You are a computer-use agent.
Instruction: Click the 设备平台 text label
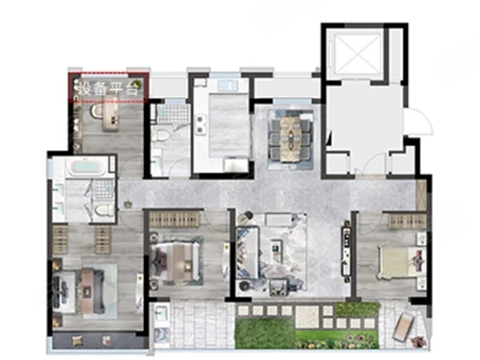tap(109, 88)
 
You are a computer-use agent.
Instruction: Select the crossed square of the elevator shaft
tap(357, 54)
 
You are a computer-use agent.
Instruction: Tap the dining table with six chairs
tap(291, 138)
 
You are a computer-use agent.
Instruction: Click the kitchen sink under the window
tap(228, 85)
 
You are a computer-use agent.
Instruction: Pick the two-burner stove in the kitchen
tap(202, 125)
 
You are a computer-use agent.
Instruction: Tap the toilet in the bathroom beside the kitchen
tap(160, 135)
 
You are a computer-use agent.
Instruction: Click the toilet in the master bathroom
tap(105, 210)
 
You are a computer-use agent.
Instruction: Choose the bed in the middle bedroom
tap(175, 261)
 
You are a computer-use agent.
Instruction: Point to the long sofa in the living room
tap(248, 252)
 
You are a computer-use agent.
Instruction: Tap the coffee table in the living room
tap(276, 251)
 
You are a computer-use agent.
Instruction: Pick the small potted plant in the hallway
tap(129, 204)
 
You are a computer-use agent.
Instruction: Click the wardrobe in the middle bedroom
tap(174, 219)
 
